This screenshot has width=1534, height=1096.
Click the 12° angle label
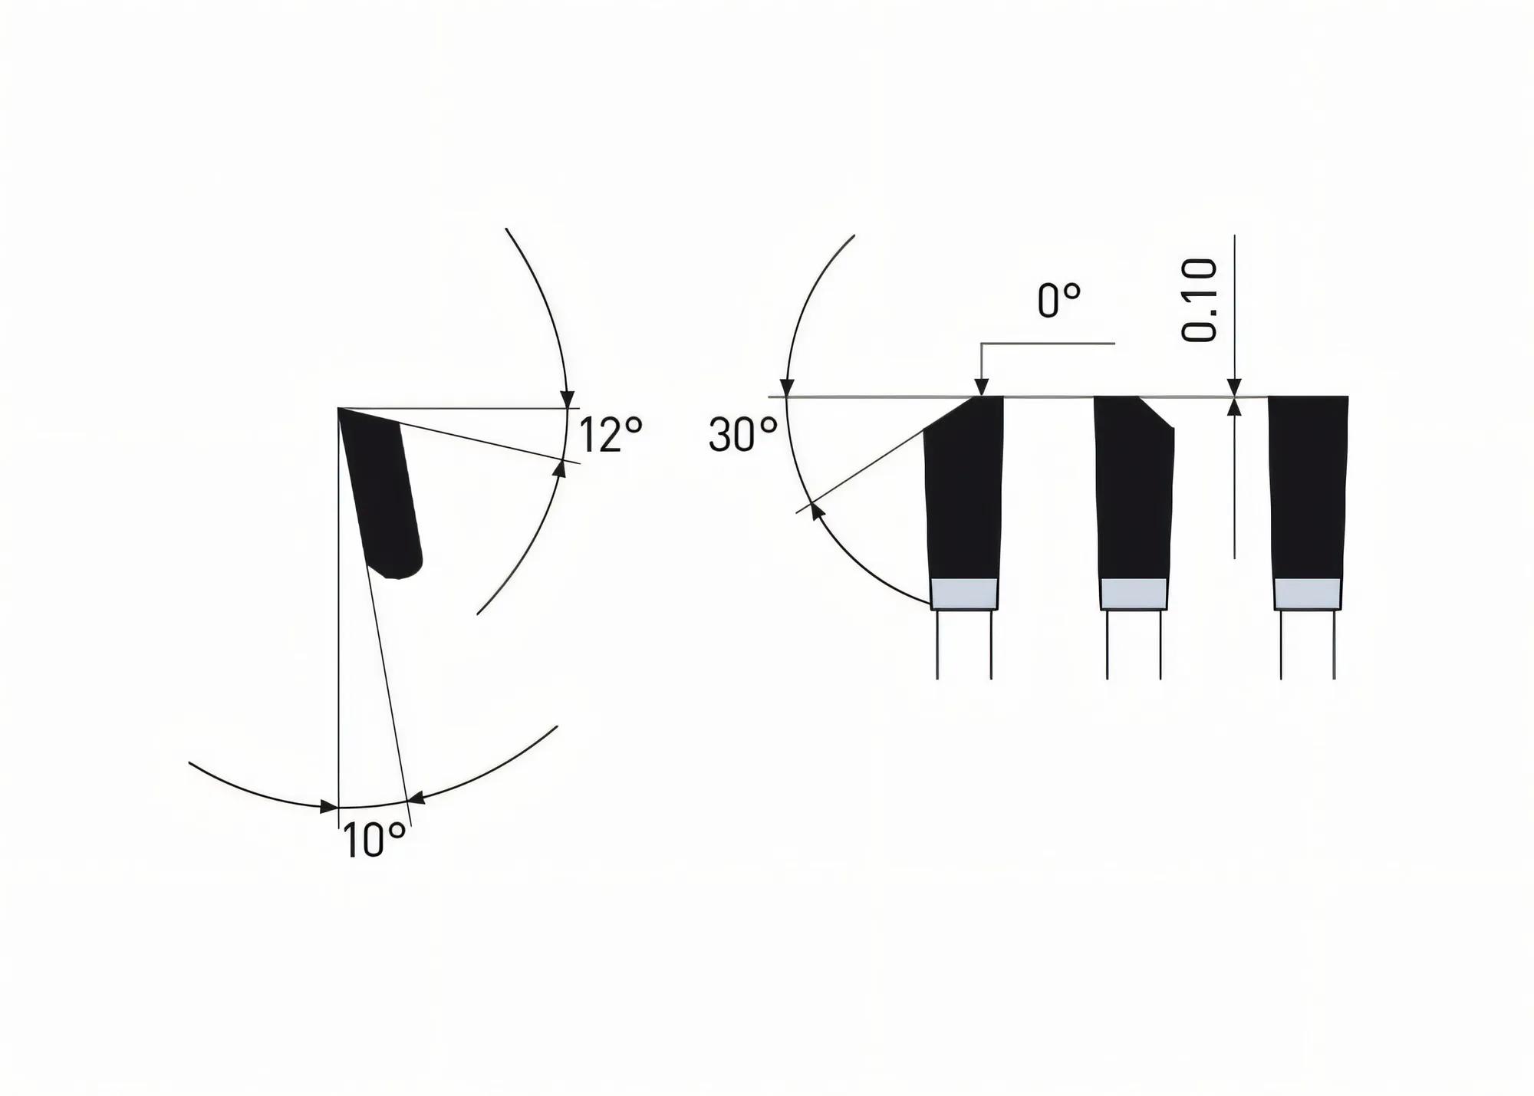(x=610, y=435)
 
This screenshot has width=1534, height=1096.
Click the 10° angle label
(x=374, y=840)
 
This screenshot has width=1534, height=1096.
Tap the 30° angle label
(x=742, y=435)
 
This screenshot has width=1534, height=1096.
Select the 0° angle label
(x=1059, y=300)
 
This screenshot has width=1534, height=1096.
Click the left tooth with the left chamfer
(x=964, y=491)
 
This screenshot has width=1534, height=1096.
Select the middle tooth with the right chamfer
(x=1134, y=491)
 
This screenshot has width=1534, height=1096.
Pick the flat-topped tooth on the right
(x=1308, y=491)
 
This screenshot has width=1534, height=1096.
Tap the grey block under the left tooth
(x=964, y=593)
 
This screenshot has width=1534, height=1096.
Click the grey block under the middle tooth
(x=1134, y=593)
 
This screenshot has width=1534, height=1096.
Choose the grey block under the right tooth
(x=1308, y=593)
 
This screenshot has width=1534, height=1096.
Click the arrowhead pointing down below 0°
(x=981, y=388)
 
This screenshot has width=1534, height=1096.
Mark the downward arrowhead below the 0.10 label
(x=1234, y=387)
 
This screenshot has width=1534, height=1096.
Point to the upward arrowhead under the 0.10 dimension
(x=1234, y=406)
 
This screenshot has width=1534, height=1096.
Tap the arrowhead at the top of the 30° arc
(x=786, y=388)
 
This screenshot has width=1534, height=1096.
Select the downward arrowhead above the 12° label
(x=567, y=400)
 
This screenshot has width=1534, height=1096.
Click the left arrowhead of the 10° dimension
(x=328, y=807)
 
